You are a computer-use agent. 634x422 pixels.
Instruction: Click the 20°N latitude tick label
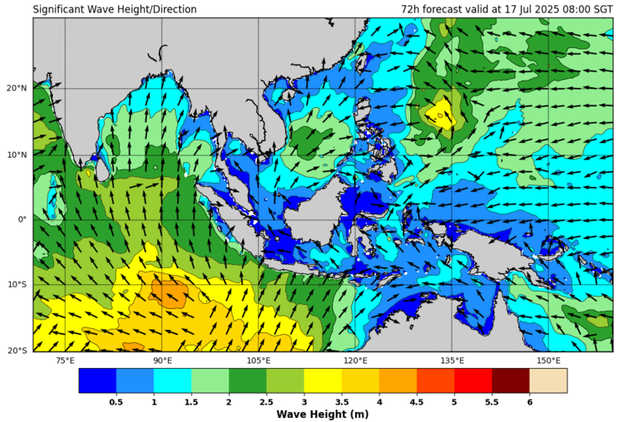[16, 88]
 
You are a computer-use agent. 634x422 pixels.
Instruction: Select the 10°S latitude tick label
[16, 285]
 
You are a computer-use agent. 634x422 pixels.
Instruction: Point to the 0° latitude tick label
[22, 219]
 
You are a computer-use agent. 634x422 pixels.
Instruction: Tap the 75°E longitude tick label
[65, 361]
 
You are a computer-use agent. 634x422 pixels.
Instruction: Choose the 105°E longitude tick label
[259, 361]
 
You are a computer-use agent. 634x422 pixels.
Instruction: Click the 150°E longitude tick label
[548, 361]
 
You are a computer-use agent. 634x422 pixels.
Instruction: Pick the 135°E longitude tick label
[452, 361]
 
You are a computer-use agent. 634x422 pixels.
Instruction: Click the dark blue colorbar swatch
[97, 380]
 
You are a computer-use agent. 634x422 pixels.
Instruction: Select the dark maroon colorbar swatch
[511, 380]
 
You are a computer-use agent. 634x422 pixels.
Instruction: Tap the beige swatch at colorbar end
[548, 380]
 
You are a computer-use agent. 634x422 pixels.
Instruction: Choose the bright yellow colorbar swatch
[323, 380]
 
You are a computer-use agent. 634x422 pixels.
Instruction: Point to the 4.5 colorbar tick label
[416, 402]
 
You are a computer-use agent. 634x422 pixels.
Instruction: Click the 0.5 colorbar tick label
[116, 402]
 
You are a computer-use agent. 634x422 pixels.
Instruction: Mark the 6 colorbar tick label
[529, 402]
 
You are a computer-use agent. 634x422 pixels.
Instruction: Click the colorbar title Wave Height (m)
[323, 414]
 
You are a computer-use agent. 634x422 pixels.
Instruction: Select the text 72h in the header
[411, 10]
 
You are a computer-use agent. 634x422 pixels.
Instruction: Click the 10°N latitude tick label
[16, 155]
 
